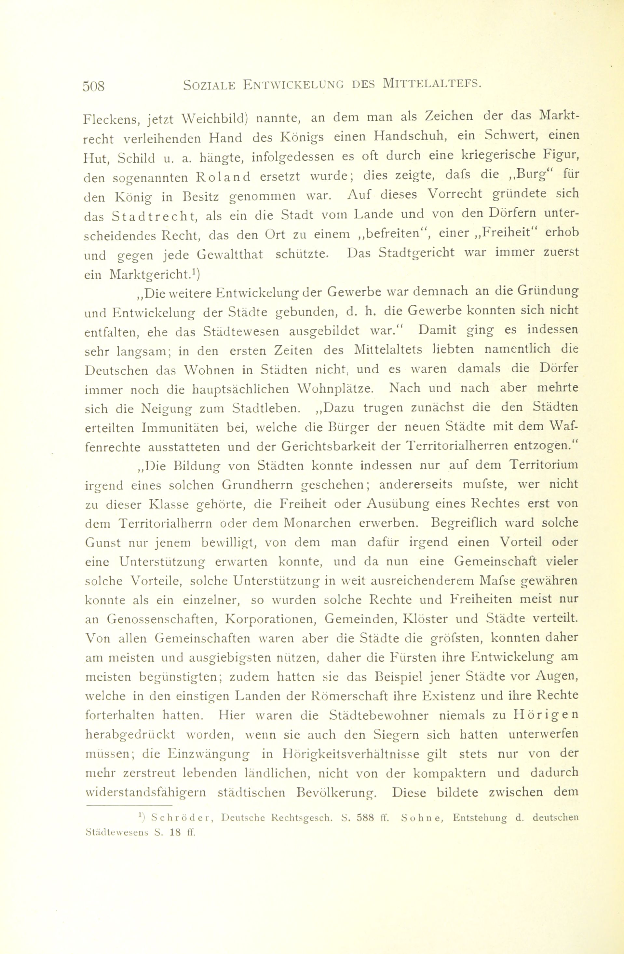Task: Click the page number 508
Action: click(93, 86)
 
